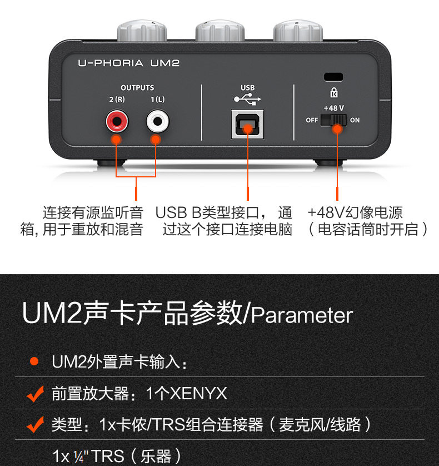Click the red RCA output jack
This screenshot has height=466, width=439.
point(117,120)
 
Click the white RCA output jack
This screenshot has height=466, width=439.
point(157,120)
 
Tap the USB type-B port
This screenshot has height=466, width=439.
point(247,123)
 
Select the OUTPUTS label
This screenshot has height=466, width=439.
point(137,87)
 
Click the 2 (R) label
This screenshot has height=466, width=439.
point(117,100)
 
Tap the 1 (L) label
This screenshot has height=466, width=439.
point(157,100)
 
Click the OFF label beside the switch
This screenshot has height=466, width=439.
point(312,120)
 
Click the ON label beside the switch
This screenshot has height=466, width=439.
point(355,120)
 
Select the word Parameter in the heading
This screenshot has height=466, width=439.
point(302,315)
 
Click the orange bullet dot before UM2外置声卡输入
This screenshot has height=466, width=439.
point(34,362)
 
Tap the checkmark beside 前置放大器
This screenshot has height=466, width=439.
point(35,394)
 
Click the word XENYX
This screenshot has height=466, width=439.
point(198,394)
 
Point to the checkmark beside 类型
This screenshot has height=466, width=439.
point(35,426)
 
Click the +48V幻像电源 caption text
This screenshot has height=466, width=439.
point(355,212)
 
